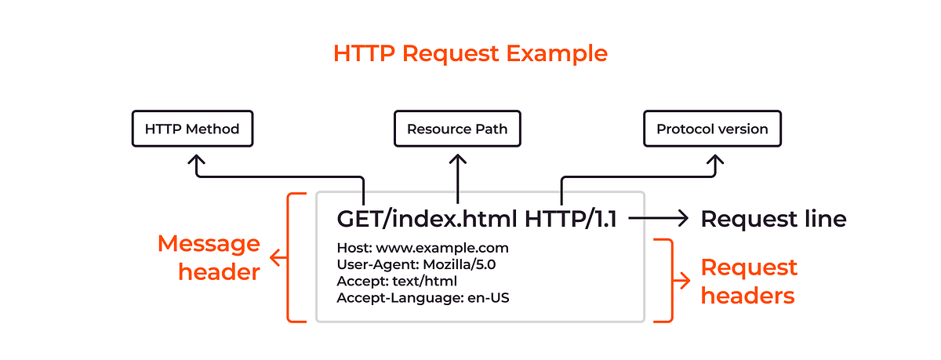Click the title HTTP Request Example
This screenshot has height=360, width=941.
tap(470, 53)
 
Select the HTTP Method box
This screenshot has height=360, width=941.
tap(192, 128)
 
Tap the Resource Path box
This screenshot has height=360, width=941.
tap(457, 129)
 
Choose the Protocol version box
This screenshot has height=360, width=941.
tap(712, 129)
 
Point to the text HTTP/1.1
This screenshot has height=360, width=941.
tap(570, 219)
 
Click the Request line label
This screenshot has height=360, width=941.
tap(773, 219)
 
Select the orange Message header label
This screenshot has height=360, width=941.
tap(209, 257)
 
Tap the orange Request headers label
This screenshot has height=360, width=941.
tap(748, 281)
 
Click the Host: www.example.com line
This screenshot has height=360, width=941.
tap(416, 248)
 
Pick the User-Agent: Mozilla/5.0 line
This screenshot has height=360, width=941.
tap(416, 264)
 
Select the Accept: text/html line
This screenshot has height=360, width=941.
tap(397, 281)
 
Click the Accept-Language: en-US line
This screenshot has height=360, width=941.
tap(424, 297)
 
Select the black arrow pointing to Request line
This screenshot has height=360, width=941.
tap(659, 219)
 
